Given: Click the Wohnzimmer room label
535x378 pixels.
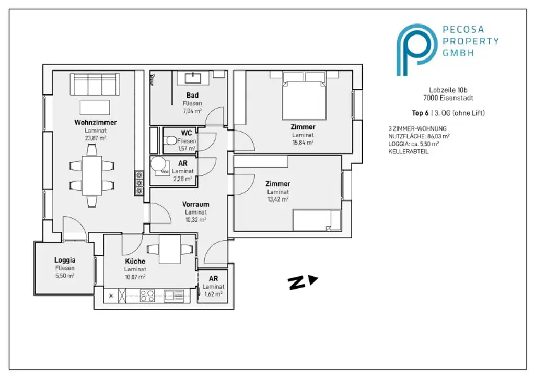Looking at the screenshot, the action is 96,122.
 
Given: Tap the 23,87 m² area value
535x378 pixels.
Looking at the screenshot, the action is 96,138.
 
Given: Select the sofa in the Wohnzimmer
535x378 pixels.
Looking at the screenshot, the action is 95,84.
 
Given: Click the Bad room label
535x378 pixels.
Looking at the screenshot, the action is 192,96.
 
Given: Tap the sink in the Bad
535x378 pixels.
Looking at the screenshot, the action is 193,77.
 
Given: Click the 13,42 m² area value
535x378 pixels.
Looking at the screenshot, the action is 278,199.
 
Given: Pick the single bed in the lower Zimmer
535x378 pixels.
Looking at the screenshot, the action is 317,220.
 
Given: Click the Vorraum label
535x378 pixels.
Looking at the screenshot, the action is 195,204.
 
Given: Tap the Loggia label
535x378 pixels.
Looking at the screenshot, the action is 65,261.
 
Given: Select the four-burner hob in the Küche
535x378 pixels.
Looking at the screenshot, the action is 147,296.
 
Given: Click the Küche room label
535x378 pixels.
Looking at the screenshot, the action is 135,262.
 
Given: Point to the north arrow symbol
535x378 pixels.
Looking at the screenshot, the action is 303,282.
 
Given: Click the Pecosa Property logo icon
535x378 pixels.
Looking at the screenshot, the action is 416,50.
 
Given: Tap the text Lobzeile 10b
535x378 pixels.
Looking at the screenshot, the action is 448,90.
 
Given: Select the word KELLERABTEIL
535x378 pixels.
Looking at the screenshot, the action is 408,152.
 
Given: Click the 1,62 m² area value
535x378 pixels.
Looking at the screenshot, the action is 213,294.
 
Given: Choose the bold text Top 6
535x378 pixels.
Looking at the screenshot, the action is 420,113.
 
